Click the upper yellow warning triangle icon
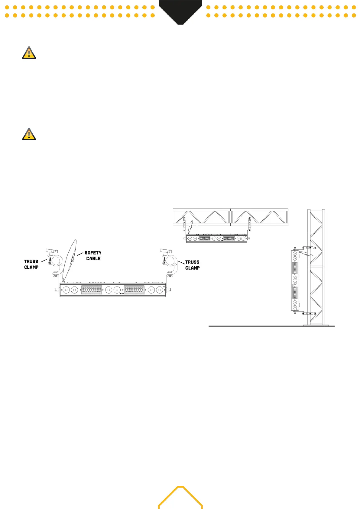(x=29, y=53)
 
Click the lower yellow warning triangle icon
(x=29, y=135)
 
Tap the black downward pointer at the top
(x=180, y=12)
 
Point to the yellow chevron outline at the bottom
(x=180, y=497)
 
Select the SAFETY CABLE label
(x=93, y=256)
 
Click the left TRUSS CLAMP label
(x=31, y=264)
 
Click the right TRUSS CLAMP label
(x=192, y=265)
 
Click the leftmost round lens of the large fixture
(x=66, y=290)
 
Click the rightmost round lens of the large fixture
(x=159, y=290)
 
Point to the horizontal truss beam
(x=230, y=217)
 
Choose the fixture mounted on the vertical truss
(x=295, y=280)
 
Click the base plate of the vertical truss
(x=316, y=325)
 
